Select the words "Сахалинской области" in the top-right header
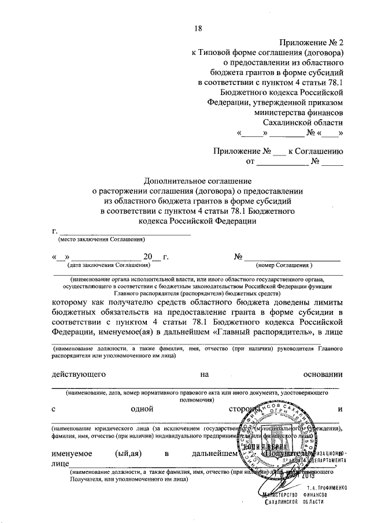(302, 122)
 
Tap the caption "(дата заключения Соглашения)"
(108, 265)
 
